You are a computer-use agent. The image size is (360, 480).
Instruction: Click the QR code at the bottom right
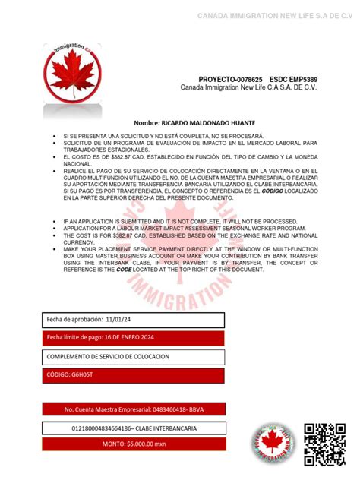[324, 444]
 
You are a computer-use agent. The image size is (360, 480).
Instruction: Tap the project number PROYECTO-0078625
[230, 79]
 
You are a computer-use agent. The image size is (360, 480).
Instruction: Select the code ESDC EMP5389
[297, 79]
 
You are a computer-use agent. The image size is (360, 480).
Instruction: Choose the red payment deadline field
[133, 337]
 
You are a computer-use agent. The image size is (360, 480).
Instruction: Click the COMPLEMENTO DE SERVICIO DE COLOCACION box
[133, 356]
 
